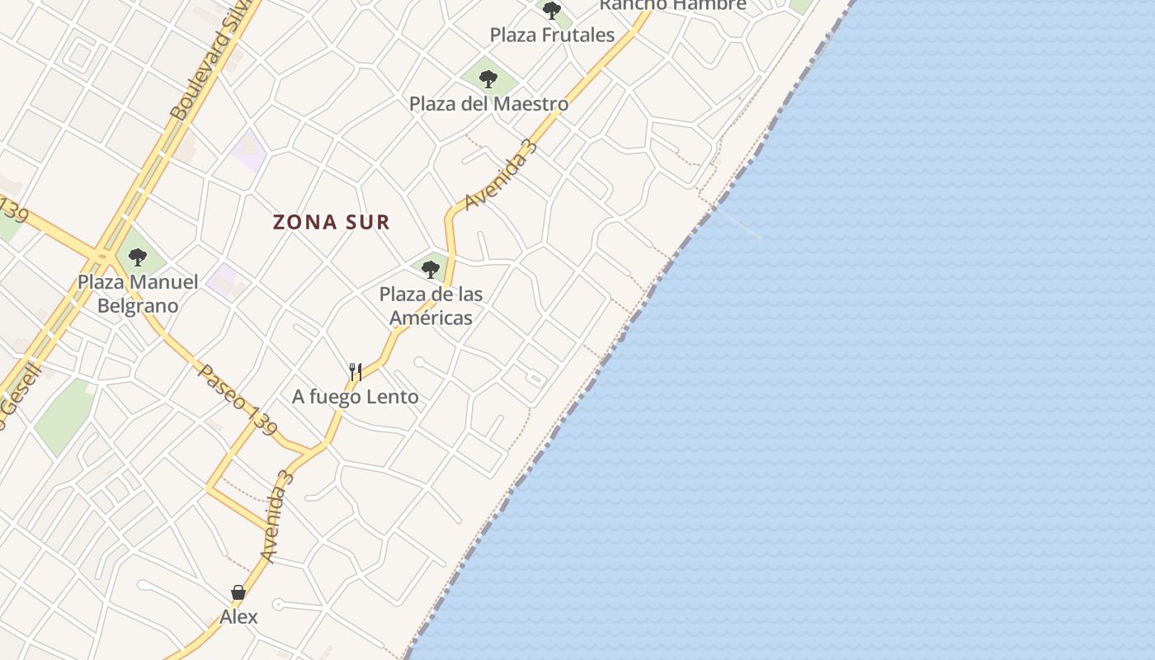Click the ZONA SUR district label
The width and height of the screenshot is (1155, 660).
click(x=331, y=222)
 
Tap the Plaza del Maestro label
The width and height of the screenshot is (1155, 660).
click(x=488, y=104)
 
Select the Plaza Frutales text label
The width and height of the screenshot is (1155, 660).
click(x=552, y=35)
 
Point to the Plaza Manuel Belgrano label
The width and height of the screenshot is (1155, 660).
click(x=138, y=294)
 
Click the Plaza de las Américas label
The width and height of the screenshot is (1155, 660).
click(x=431, y=305)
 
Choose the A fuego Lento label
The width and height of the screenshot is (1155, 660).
click(x=355, y=397)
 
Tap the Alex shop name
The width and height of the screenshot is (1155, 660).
click(x=238, y=616)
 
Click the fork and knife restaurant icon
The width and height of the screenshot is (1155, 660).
click(x=356, y=372)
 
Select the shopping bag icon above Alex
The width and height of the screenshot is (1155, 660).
click(x=238, y=592)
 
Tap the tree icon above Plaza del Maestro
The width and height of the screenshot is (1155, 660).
click(x=488, y=79)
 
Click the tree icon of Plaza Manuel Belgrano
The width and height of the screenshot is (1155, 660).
click(x=138, y=257)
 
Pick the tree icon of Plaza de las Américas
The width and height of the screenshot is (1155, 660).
click(x=430, y=269)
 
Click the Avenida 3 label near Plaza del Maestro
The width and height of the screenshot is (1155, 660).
click(x=501, y=175)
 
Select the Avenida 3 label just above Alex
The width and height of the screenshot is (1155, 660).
click(x=277, y=516)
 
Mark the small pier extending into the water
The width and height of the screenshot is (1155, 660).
click(x=738, y=223)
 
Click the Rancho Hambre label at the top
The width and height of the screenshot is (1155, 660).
click(x=672, y=5)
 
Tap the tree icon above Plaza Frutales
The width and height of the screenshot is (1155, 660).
click(x=552, y=11)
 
